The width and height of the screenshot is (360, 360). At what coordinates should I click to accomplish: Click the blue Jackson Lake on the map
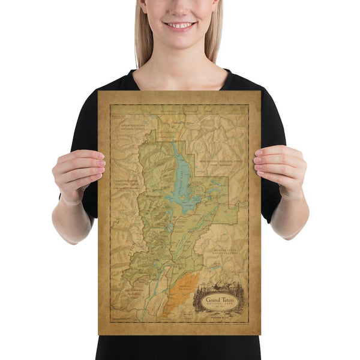[179, 180]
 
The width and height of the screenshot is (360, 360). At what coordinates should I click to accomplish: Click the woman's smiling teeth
[179, 25]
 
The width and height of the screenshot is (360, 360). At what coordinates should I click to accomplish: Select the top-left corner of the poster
[98, 92]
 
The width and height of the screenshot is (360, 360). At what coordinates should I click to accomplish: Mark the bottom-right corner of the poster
[260, 334]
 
